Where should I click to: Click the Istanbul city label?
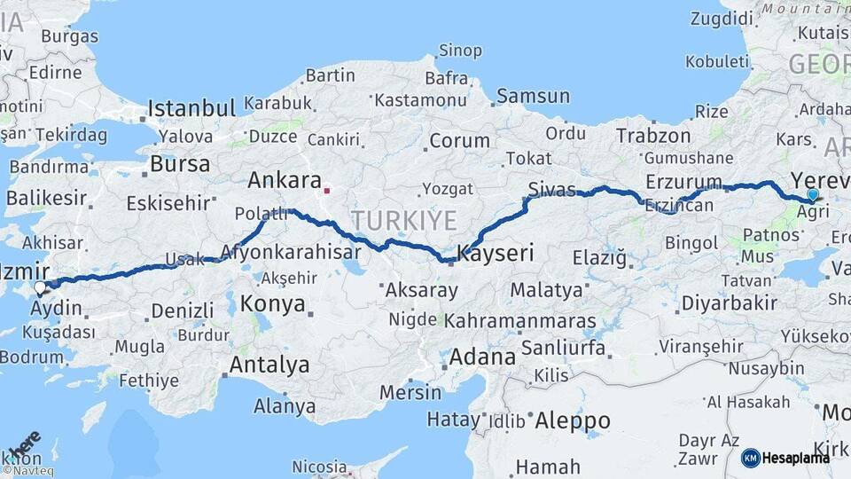coord(191,109)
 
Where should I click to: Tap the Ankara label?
coord(284,181)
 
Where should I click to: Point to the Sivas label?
coord(551,189)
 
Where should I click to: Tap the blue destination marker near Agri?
coord(812,195)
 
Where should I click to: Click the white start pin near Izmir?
coord(40,288)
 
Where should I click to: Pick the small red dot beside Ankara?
coord(326,189)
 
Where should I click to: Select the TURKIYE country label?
coord(403,221)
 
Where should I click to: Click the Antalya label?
coord(269,365)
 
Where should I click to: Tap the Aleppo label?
coord(573,420)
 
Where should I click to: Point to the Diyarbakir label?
coord(730,303)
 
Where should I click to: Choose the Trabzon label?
coord(653,136)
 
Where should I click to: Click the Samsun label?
coord(534,96)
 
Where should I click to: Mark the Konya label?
coord(273,304)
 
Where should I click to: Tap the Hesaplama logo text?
coord(797,458)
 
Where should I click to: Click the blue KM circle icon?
coord(751,458)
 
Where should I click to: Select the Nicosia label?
coord(319,466)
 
